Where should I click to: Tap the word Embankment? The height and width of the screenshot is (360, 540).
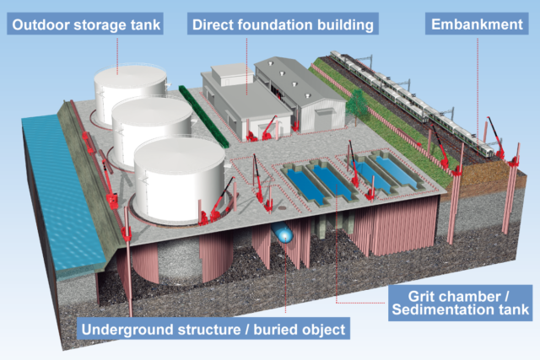(478, 24)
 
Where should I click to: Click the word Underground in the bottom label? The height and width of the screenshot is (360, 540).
(127, 328)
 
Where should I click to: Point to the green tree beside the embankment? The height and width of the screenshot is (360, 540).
(357, 103)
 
